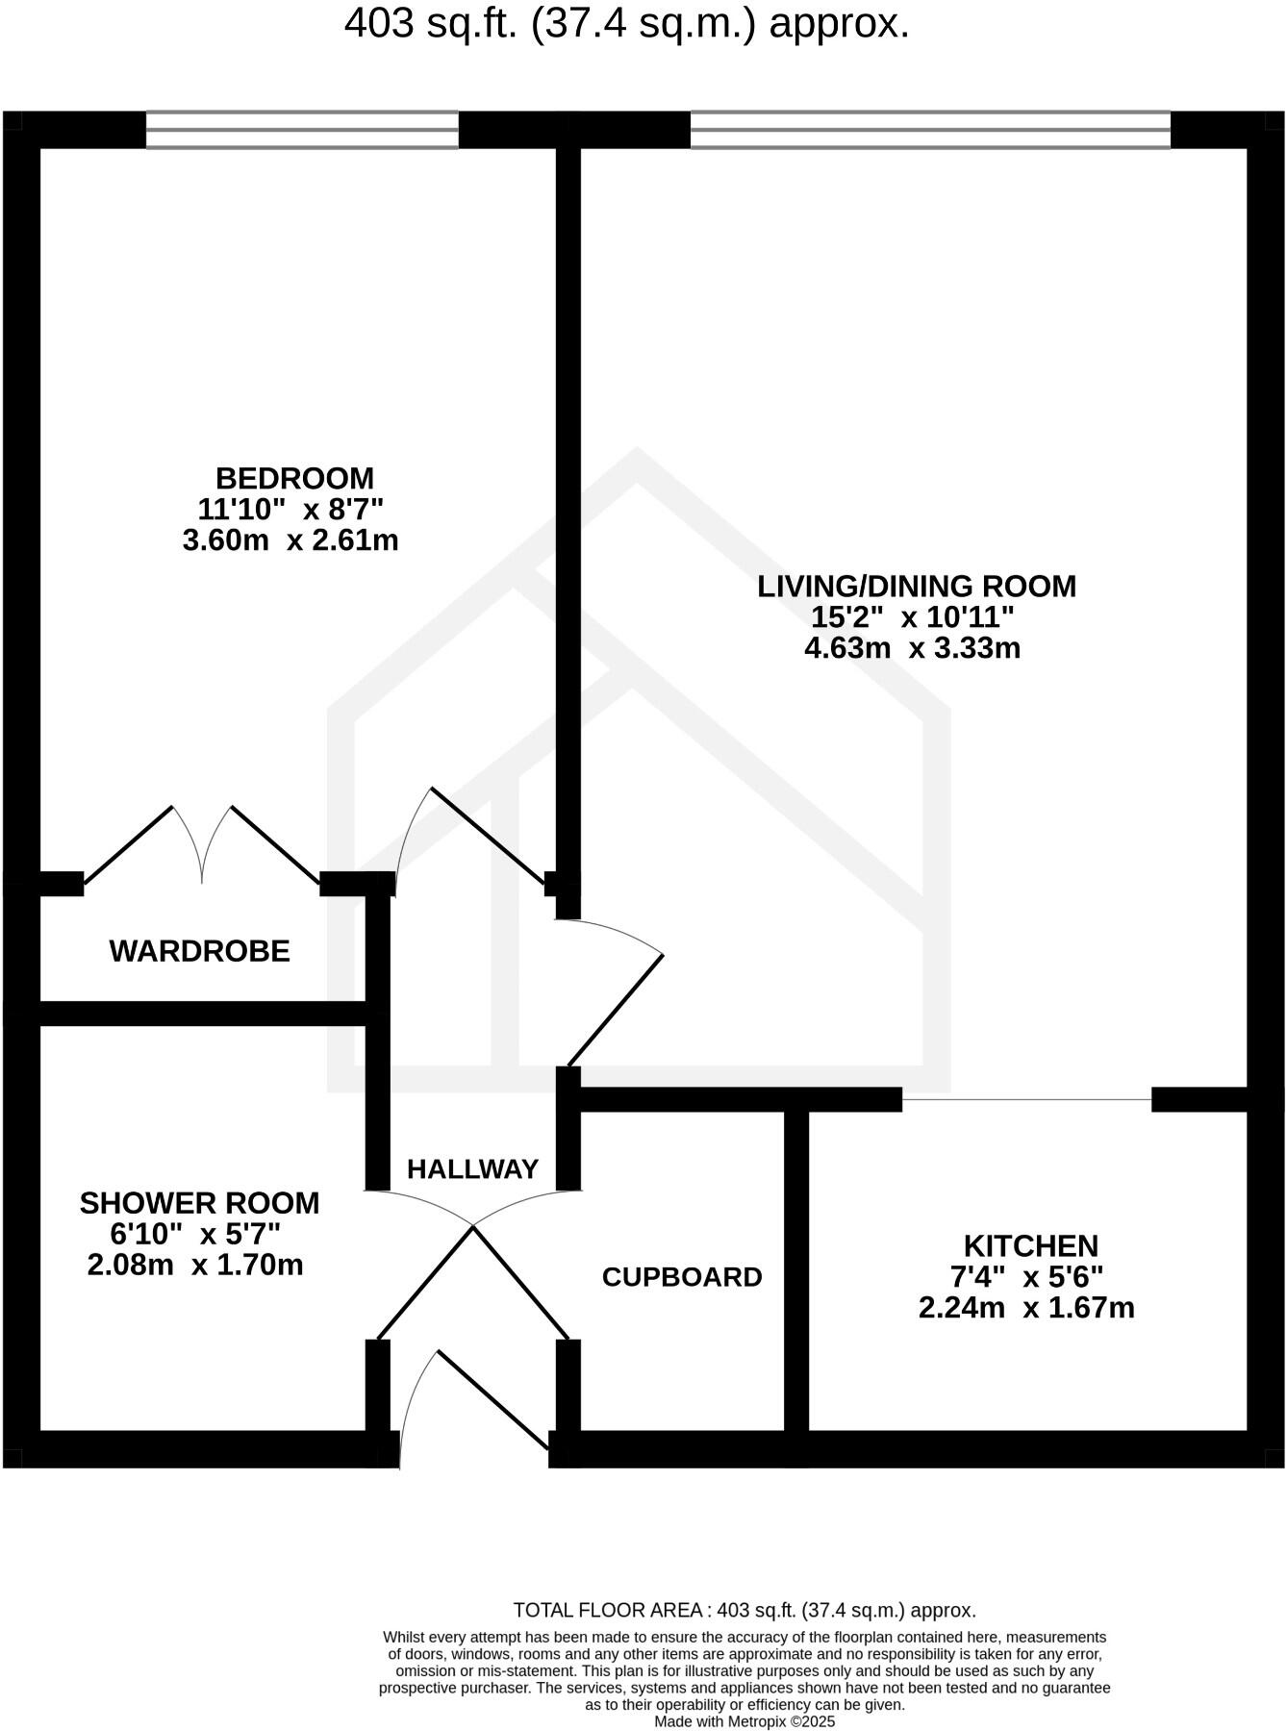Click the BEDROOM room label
click(x=294, y=478)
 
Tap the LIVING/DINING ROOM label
click(x=916, y=586)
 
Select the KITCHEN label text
click(x=1030, y=1246)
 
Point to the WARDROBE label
click(x=199, y=951)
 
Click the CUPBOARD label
click(x=682, y=1277)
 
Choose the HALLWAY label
click(x=472, y=1169)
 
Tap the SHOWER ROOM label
click(x=199, y=1203)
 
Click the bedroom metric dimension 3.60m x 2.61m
click(x=290, y=540)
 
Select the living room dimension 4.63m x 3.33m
click(x=912, y=648)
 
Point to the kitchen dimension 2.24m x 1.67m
click(x=1026, y=1308)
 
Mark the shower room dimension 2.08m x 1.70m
click(x=195, y=1265)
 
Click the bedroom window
click(x=302, y=130)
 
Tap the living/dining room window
click(x=930, y=130)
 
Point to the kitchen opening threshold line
click(x=1026, y=1099)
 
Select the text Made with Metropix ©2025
click(x=744, y=1721)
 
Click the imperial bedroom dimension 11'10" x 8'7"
click(x=291, y=509)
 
